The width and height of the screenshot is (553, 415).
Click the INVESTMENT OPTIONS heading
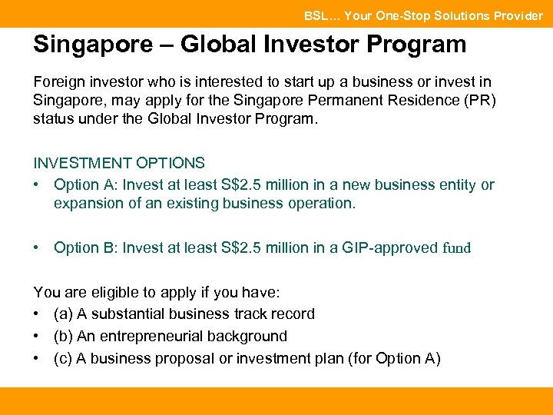119,163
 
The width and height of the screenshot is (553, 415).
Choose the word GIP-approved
389,248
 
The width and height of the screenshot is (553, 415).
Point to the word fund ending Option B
457,248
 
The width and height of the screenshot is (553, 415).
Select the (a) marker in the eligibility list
64,314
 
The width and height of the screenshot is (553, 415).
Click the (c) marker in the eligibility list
64,358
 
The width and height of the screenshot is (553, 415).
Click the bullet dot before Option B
37,248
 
